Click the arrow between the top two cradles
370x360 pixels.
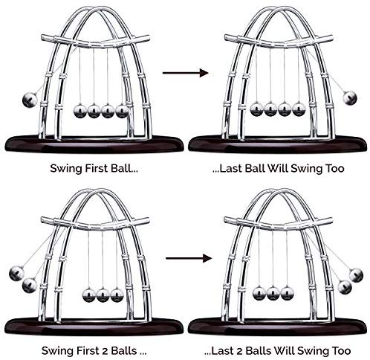(x=185, y=73)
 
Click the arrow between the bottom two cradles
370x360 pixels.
(x=189, y=258)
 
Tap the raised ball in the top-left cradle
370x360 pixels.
(x=30, y=100)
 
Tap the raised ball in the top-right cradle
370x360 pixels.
(x=350, y=97)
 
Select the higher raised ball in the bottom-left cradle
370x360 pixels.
(x=16, y=273)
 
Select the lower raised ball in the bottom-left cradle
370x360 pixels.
(x=30, y=285)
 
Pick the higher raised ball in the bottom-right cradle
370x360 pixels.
(x=356, y=275)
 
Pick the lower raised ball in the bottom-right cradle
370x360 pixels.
(x=345, y=287)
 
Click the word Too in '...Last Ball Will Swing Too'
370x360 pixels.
(x=335, y=168)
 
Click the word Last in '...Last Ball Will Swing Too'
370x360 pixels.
(x=231, y=168)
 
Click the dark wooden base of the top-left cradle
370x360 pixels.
(x=94, y=144)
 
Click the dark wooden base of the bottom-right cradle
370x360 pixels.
(x=277, y=327)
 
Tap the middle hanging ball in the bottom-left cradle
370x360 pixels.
(x=103, y=295)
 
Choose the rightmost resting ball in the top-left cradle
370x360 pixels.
(x=122, y=111)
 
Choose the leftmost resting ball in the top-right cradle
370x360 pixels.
(x=257, y=109)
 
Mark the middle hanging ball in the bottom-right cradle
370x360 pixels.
(x=273, y=293)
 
